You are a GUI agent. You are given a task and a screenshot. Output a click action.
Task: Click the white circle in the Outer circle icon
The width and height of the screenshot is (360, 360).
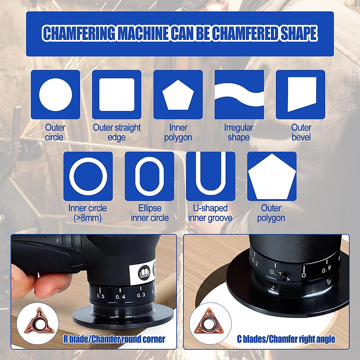(55, 94)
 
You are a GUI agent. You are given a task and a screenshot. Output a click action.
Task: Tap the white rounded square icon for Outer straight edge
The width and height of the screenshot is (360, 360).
(117, 94)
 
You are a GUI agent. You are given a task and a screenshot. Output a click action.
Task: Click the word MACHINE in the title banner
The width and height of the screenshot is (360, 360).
(143, 33)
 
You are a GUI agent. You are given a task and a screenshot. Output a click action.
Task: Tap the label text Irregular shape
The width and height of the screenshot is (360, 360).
(239, 132)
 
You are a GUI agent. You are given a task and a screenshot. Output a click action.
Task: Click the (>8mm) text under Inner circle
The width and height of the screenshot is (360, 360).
(88, 218)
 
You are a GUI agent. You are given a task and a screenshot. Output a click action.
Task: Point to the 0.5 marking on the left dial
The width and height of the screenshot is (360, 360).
(100, 296)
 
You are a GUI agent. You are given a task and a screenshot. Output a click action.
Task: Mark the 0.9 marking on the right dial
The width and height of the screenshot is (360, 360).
(326, 270)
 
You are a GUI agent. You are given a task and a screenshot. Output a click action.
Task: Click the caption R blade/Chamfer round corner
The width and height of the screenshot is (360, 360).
(114, 339)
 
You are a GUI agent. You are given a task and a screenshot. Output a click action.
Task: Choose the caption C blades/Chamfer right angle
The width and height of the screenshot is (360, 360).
(286, 339)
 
